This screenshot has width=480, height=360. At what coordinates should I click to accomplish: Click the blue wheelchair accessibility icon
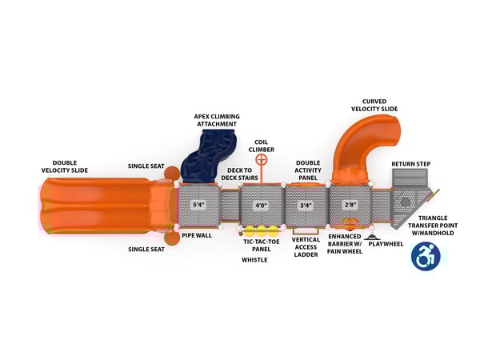pos(426,257)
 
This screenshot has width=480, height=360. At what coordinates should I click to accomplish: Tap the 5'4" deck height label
pos(198,205)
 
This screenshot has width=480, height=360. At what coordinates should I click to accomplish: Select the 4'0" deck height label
pos(260,205)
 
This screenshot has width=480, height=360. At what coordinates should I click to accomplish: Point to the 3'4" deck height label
pos(306,205)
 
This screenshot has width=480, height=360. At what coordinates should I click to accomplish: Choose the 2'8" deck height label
pos(350,205)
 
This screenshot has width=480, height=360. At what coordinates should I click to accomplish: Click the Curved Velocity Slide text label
pos(374,105)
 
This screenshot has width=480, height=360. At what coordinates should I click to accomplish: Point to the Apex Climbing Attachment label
pos(216,120)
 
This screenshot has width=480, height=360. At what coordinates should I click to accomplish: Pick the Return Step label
pos(410,164)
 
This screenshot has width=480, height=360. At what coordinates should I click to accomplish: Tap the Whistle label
pos(254,259)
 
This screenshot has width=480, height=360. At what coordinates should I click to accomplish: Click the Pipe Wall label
pos(197,236)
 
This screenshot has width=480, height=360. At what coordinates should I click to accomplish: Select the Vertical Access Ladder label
pos(306,246)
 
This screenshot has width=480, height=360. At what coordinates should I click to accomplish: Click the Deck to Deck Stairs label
pos(242,174)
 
